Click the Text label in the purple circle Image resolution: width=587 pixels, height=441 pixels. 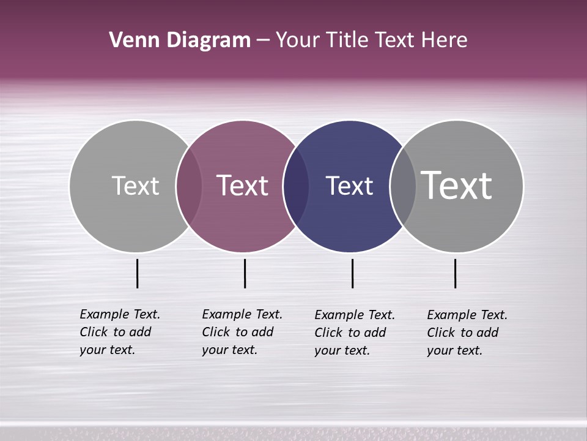tap(242, 186)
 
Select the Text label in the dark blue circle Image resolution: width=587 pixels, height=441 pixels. tap(349, 186)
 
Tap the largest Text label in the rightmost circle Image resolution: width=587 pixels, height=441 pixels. tap(456, 186)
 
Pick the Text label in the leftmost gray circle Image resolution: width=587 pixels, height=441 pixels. tap(135, 186)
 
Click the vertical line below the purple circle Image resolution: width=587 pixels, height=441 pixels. tap(245, 273)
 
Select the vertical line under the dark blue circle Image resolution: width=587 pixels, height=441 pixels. tap(352, 273)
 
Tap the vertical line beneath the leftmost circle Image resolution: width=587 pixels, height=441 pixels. tap(137, 273)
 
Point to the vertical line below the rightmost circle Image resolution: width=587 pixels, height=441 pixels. tap(455, 273)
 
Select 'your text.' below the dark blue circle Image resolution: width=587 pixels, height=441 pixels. tap(342, 350)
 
